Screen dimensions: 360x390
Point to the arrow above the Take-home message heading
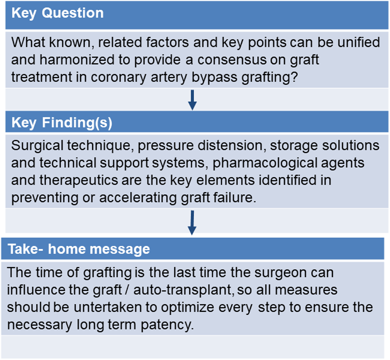[x=192, y=223]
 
